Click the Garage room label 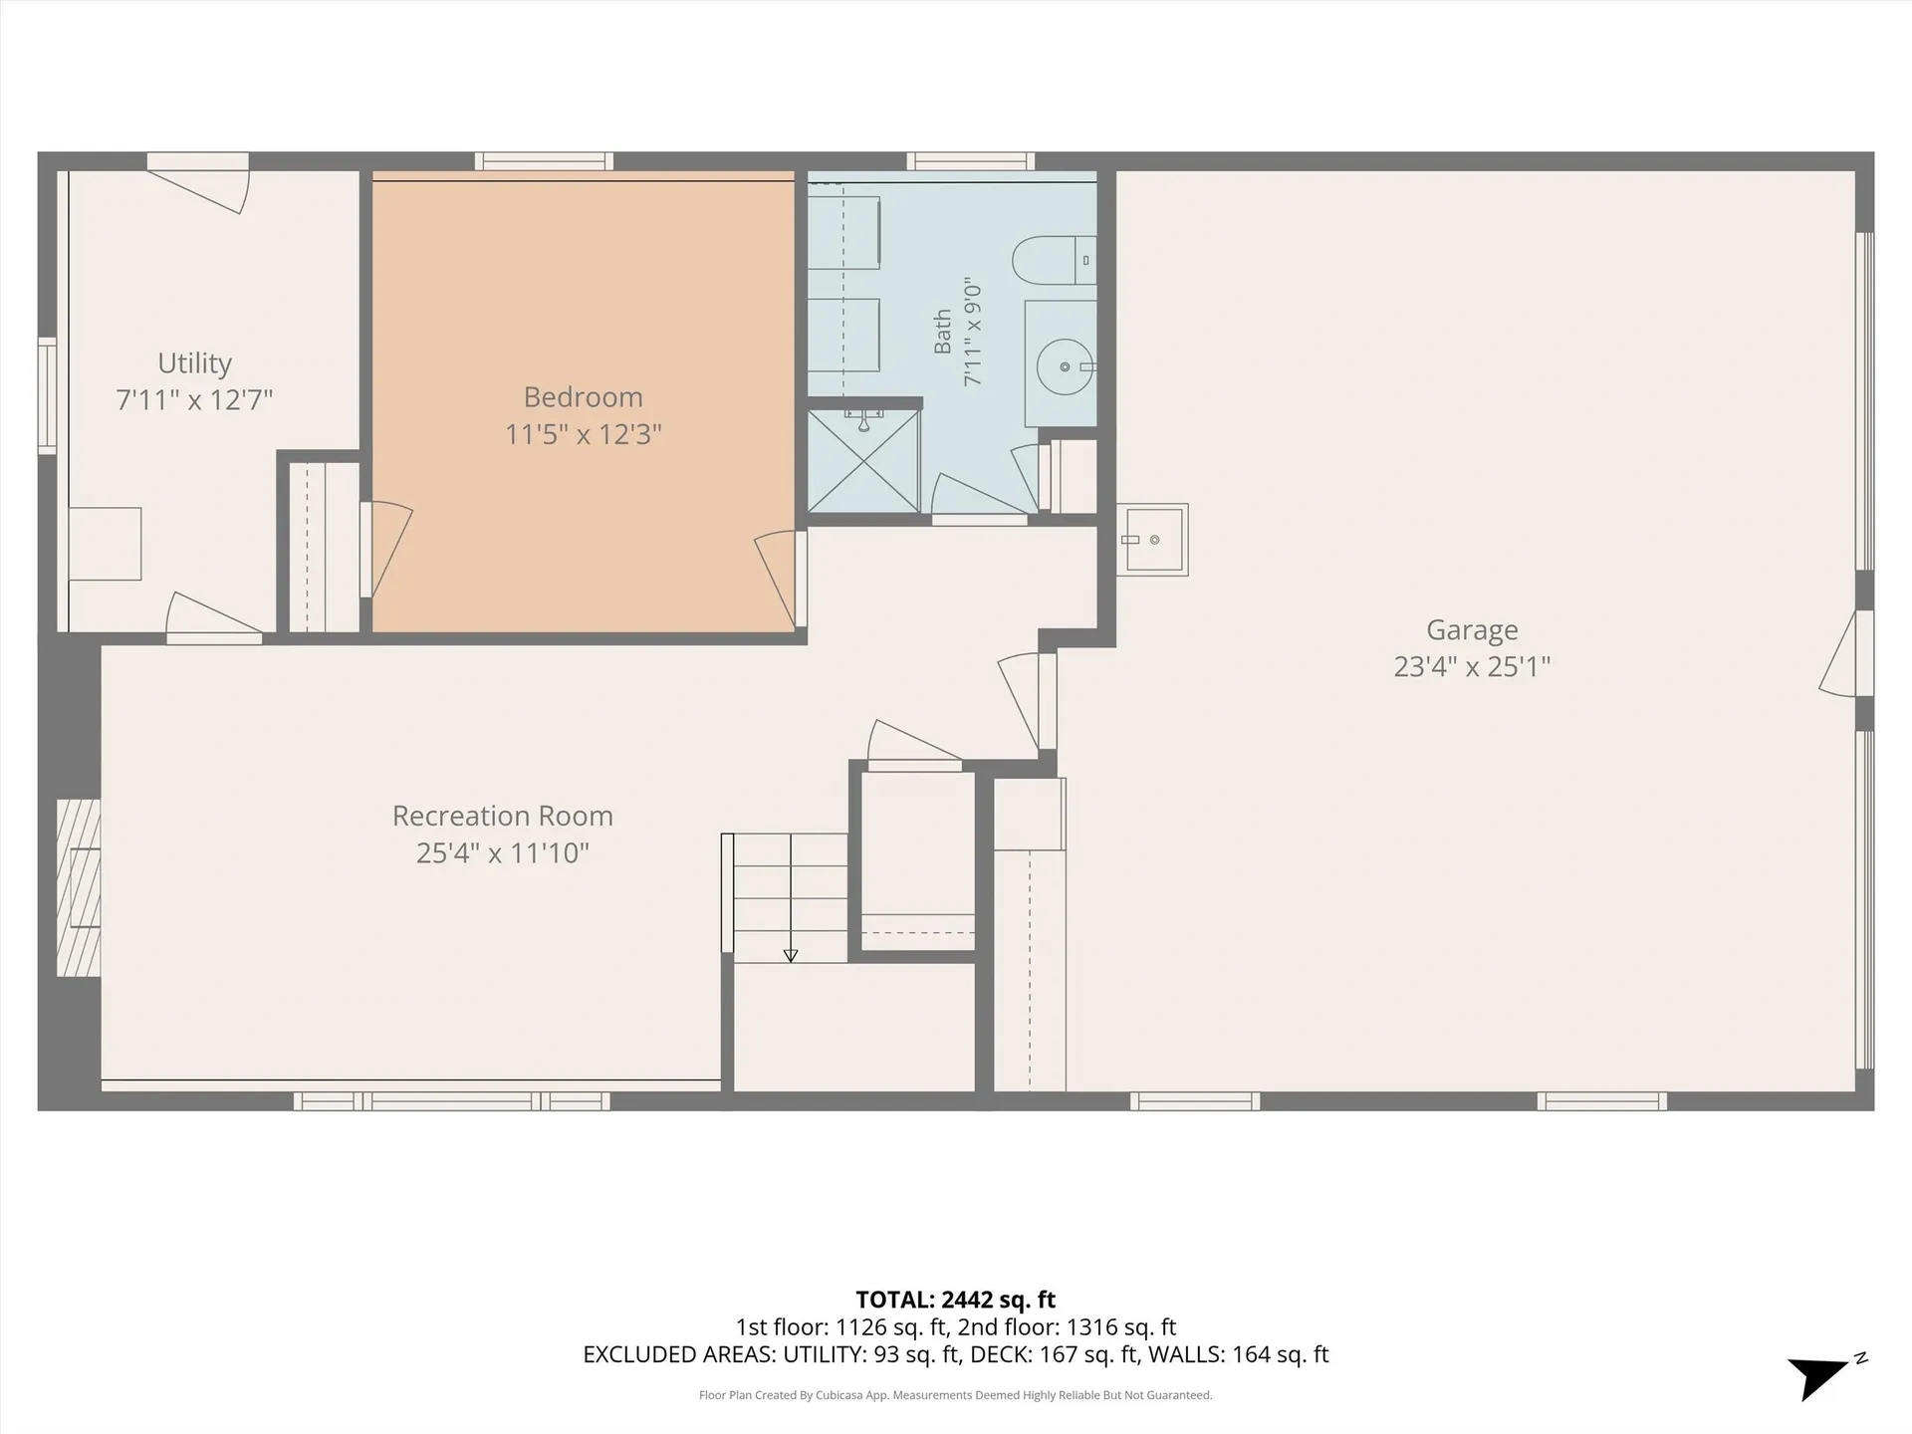click(1472, 630)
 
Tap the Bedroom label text click(584, 397)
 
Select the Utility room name click(194, 363)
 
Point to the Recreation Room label click(503, 816)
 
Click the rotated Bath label click(942, 332)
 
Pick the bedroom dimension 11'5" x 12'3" click(584, 434)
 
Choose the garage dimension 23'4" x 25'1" click(1472, 666)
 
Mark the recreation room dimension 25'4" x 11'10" click(503, 852)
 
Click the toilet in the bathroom click(1054, 261)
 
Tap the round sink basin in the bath click(1065, 366)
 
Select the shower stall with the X click(863, 460)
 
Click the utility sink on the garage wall click(1152, 540)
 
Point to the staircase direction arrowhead click(791, 956)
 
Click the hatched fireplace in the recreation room click(79, 887)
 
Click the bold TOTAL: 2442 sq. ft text click(956, 1300)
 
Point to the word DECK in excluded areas click(998, 1354)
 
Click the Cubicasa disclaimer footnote click(956, 1395)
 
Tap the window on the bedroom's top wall click(544, 161)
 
